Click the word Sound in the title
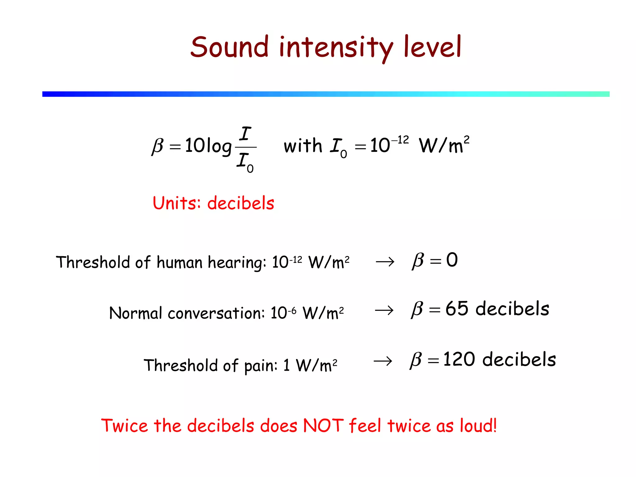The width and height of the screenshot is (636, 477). [x=229, y=47]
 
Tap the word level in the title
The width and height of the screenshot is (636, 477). [x=432, y=47]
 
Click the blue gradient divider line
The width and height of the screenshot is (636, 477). [x=326, y=94]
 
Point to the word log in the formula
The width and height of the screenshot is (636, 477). [x=219, y=146]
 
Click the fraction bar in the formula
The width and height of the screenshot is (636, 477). [x=246, y=147]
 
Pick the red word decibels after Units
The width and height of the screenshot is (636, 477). [x=241, y=203]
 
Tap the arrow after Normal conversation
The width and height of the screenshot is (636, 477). [x=384, y=310]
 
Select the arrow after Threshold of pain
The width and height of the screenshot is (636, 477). [x=383, y=361]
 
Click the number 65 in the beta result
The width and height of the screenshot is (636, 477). [x=457, y=309]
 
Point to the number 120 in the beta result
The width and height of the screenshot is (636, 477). [x=459, y=360]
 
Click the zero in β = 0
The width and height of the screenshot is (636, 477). [x=452, y=260]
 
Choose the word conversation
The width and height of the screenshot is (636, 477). [x=216, y=313]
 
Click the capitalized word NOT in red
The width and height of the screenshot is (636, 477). [x=323, y=425]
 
